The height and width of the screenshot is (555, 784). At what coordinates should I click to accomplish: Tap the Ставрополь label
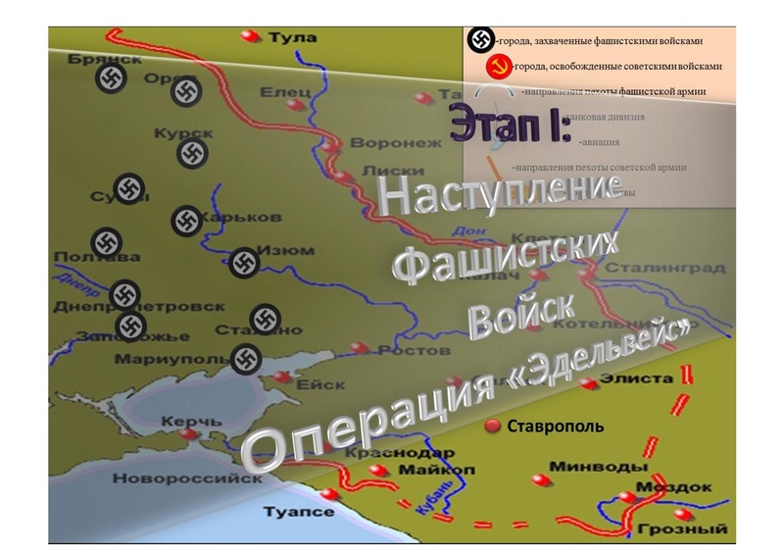pos(555,427)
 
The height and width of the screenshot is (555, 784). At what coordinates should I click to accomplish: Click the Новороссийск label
pos(187,479)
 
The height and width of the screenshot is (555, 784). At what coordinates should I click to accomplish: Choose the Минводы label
pos(586,466)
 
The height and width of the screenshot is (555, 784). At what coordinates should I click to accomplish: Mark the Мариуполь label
pos(157,359)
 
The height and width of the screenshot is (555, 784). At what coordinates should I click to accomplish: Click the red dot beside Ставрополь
pos(493,426)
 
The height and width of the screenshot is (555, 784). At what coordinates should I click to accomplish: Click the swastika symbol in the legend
pos(479,40)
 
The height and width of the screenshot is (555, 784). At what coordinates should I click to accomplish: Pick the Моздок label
pos(674,487)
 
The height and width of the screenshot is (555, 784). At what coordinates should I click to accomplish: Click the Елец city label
pos(285,92)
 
